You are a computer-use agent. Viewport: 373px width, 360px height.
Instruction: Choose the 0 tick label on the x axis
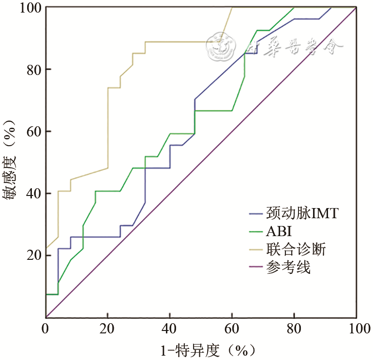pos(46,329)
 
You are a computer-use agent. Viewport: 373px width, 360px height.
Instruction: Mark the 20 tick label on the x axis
pos(108,329)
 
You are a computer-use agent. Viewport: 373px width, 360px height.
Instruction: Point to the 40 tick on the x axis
pos(170,329)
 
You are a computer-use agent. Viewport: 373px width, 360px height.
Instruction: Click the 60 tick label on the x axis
pos(232,329)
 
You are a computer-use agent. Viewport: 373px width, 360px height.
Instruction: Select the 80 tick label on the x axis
pos(294,329)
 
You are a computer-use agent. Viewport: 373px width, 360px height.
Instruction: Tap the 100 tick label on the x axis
pos(356,329)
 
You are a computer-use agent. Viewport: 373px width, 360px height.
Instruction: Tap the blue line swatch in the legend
pos(255,213)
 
